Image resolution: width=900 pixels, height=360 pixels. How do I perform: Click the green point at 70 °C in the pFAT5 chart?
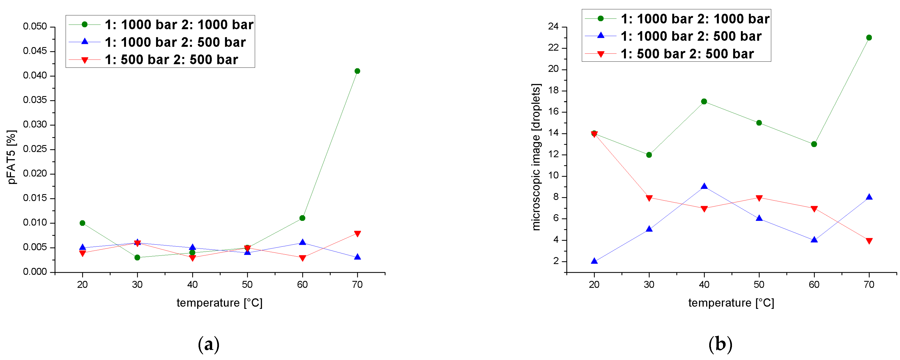pyautogui.click(x=357, y=71)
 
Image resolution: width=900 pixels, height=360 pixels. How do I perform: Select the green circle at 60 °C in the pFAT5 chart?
pyautogui.click(x=302, y=218)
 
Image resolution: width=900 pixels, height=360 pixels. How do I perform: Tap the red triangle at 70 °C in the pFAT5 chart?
pyautogui.click(x=357, y=234)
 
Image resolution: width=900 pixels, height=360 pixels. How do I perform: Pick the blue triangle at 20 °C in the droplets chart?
pyautogui.click(x=594, y=261)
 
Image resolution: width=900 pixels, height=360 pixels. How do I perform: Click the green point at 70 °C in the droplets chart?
pyautogui.click(x=869, y=37)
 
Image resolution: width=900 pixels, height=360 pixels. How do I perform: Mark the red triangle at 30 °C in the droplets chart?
pyautogui.click(x=649, y=198)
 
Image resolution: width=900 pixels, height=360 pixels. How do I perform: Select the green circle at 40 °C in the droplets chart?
pyautogui.click(x=704, y=101)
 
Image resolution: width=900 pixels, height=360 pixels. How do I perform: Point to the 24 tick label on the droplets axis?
pyautogui.click(x=553, y=27)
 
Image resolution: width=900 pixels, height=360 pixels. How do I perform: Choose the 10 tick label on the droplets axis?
pyautogui.click(x=553, y=176)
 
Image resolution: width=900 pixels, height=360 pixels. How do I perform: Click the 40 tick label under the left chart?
pyautogui.click(x=192, y=284)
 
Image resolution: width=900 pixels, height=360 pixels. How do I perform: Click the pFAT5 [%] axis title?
pyautogui.click(x=11, y=157)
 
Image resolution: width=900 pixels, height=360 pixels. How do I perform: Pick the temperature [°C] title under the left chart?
pyautogui.click(x=219, y=303)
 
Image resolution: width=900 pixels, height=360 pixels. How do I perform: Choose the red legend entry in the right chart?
pyautogui.click(x=687, y=54)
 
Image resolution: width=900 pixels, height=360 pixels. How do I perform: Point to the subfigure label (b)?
pyautogui.click(x=720, y=344)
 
